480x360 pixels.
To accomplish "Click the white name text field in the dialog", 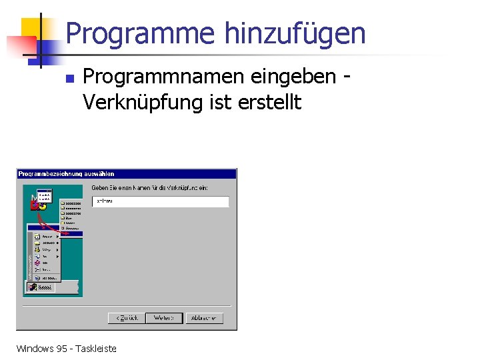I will click(160, 201).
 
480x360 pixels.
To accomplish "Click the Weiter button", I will click(163, 318).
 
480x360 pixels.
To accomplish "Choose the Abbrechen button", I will click(203, 318).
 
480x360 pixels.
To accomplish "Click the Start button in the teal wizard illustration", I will click(41, 287).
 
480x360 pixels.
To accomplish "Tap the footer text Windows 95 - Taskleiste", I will click(66, 348).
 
